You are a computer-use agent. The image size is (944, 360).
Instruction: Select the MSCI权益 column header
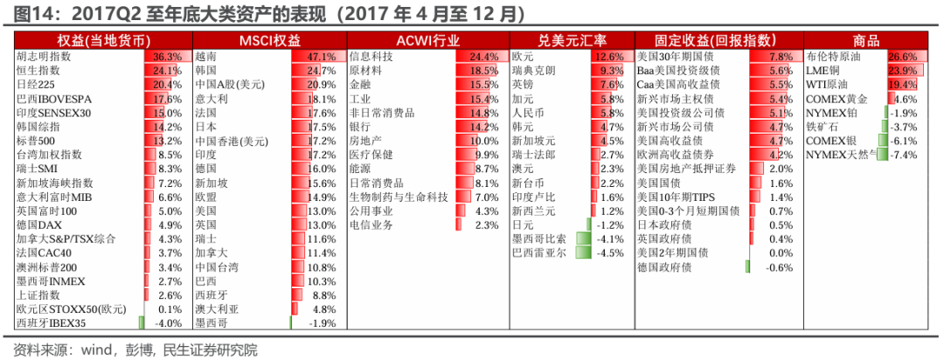[270, 40]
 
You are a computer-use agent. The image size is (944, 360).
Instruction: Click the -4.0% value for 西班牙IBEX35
[168, 323]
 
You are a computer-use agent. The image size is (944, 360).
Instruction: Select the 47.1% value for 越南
[322, 56]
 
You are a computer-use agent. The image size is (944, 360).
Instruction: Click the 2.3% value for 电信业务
[486, 225]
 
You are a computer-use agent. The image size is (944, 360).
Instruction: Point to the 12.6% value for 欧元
[608, 56]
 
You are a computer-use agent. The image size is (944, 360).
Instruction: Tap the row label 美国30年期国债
[677, 56]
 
